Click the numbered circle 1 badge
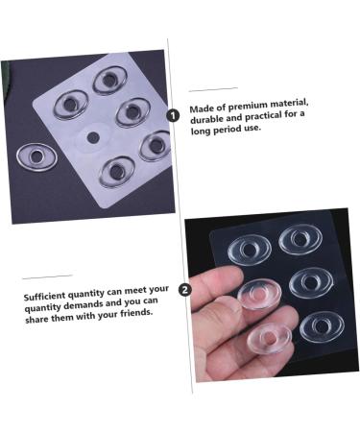click(173, 114)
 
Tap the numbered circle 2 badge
click(184, 288)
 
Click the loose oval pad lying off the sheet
click(37, 155)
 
